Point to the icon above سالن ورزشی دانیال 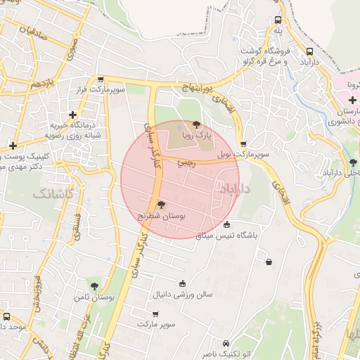(183, 283)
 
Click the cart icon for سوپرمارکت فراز (101, 79)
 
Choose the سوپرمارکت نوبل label (232, 153)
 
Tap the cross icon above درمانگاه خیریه (72, 115)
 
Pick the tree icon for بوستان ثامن (94, 286)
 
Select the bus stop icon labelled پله (278, 20)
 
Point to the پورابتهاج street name (195, 86)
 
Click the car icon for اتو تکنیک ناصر (226, 344)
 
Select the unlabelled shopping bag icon (269, 262)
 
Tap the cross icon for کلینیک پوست (13, 146)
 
